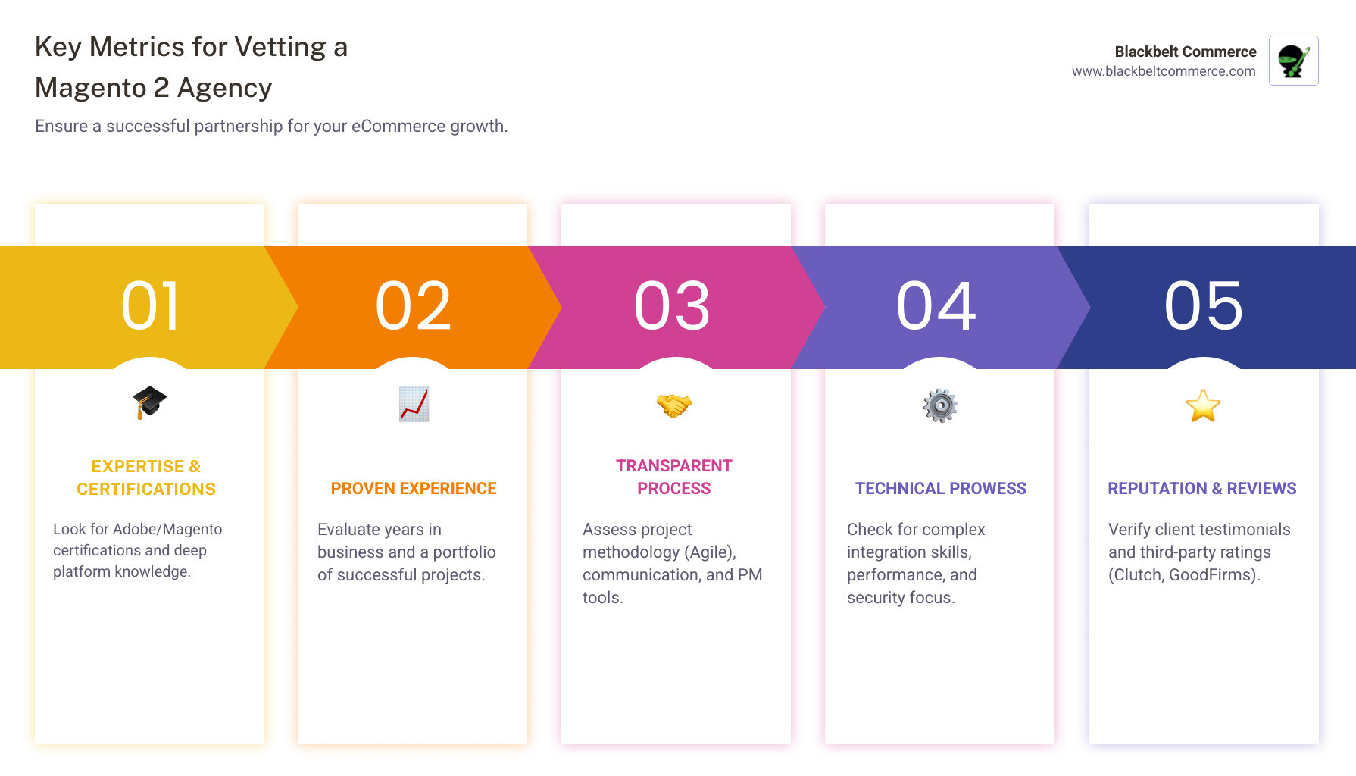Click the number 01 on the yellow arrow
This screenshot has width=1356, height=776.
[150, 306]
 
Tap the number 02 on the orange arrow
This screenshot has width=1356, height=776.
[414, 306]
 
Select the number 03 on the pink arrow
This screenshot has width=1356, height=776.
[673, 306]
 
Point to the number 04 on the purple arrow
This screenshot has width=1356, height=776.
[936, 306]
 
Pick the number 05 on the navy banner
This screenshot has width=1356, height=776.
[1204, 306]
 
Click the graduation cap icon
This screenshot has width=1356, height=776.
[149, 402]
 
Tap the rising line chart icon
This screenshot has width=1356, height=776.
[414, 404]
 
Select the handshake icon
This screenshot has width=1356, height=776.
[673, 405]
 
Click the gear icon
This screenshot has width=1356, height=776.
[940, 405]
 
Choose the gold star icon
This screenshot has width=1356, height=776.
[1203, 405]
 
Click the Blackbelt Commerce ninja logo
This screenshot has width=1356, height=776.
[1293, 61]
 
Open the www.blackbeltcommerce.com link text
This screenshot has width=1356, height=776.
[1164, 71]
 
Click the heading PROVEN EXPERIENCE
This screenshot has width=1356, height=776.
[414, 489]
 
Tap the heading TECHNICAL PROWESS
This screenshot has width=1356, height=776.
[940, 489]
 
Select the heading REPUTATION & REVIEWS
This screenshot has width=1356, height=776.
[1201, 489]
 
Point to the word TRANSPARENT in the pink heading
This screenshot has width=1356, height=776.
[673, 466]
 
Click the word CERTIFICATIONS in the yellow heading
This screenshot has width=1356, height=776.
[146, 490]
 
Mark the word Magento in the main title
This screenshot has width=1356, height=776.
[91, 88]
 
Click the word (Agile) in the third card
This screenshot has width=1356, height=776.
[710, 552]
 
